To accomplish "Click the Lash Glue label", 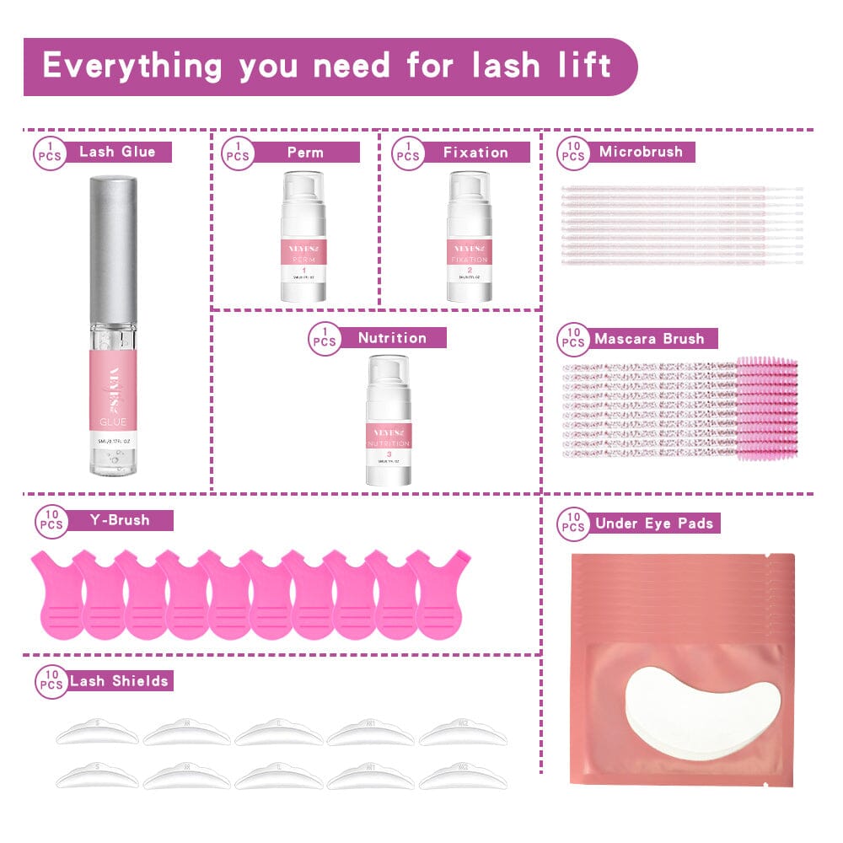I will [x=118, y=152].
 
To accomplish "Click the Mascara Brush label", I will [x=649, y=339].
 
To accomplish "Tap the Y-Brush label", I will [x=119, y=520].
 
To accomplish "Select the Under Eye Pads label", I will [x=653, y=524].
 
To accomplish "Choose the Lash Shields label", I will [x=119, y=680].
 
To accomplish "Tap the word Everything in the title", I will [x=133, y=66].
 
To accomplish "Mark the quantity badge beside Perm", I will [x=238, y=153].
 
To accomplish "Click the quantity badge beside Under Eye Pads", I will [x=572, y=524].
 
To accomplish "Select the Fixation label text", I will [x=475, y=153].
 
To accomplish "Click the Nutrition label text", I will [x=392, y=338].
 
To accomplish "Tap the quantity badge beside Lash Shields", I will [x=51, y=682].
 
